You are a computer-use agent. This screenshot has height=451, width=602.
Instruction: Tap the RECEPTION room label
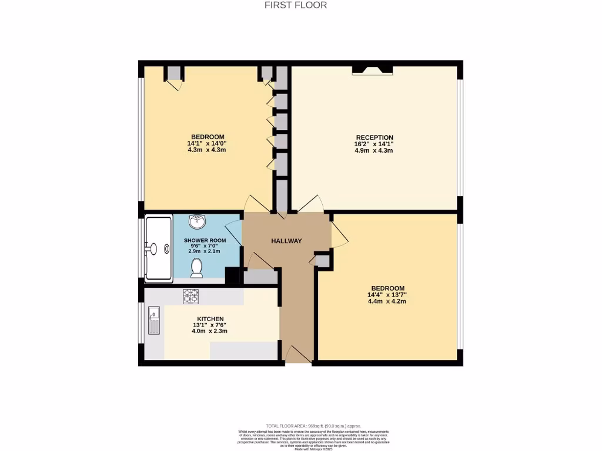click(374, 137)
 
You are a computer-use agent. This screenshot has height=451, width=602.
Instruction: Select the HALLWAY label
click(286, 241)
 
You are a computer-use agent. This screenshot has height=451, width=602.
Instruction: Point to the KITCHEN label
click(210, 319)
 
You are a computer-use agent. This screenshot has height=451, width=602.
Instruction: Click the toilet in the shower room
click(197, 268)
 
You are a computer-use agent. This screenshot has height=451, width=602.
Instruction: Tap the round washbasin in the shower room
click(198, 223)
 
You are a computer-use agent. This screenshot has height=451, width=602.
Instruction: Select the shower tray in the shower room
click(159, 248)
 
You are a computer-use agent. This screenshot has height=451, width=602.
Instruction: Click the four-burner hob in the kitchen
click(190, 297)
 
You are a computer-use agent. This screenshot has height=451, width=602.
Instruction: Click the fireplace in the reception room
click(372, 70)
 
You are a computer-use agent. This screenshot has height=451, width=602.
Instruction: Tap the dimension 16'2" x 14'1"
click(374, 144)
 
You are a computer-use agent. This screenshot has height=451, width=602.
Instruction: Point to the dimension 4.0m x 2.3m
click(210, 331)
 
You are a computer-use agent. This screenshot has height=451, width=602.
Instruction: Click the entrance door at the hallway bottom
click(297, 355)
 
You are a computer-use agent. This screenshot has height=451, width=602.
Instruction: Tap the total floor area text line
click(313, 426)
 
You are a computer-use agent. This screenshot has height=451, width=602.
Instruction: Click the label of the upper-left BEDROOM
click(206, 137)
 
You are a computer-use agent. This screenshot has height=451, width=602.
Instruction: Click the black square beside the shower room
click(233, 276)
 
